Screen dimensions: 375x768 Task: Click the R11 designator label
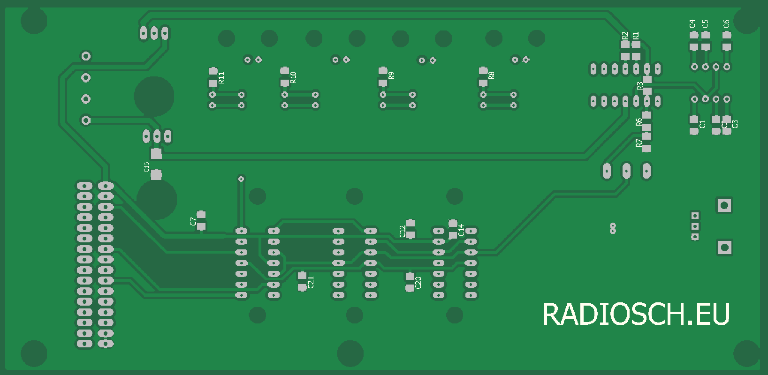click(x=222, y=78)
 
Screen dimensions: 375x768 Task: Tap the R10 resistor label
click(x=293, y=77)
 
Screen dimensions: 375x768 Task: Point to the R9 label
click(x=391, y=75)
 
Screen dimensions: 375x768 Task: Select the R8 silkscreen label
click(x=491, y=75)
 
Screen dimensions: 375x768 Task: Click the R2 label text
click(x=624, y=36)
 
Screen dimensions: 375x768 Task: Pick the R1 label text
click(x=636, y=36)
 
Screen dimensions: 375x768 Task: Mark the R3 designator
click(x=639, y=86)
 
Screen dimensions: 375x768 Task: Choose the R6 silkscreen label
click(x=639, y=122)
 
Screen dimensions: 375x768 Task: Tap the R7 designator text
click(x=639, y=143)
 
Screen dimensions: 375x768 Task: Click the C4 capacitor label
click(x=692, y=23)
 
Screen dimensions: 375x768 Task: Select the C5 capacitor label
click(x=705, y=23)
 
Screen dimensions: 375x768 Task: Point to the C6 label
click(x=726, y=23)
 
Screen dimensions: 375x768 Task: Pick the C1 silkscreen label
click(x=702, y=124)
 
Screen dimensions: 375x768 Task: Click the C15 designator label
click(x=146, y=167)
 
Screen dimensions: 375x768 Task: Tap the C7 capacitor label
click(x=193, y=222)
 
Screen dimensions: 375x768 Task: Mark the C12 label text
click(x=402, y=231)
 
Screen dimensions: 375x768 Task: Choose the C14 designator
click(x=461, y=230)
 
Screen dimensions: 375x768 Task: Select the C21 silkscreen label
click(x=311, y=282)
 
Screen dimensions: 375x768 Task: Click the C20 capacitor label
click(x=418, y=283)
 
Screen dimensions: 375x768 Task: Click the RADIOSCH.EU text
click(x=636, y=314)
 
